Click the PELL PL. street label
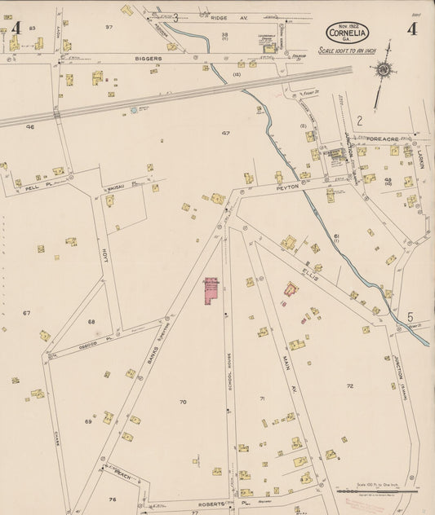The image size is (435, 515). coord(33,187)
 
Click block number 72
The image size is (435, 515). coord(350,385)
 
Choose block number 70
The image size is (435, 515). coord(182,402)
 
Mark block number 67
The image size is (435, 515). coord(26,313)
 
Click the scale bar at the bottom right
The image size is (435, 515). coord(376,491)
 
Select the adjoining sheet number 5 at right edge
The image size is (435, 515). coord(411,317)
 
